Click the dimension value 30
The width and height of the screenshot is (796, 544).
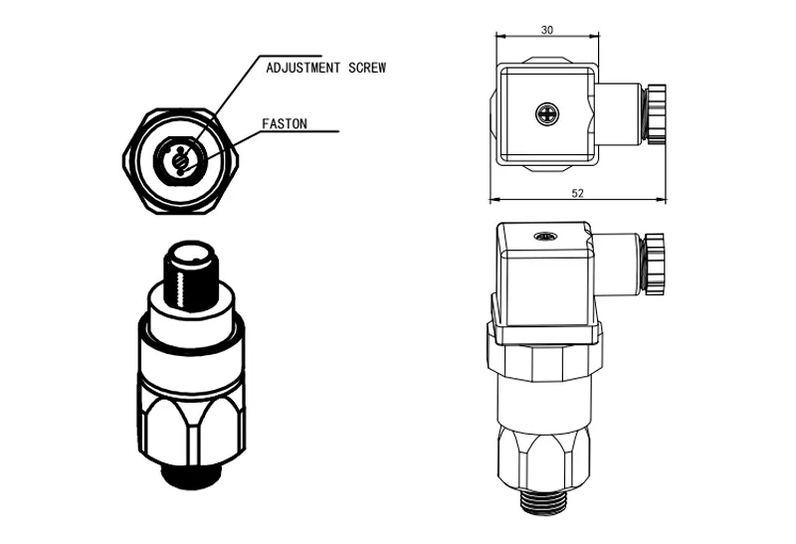tap(546, 30)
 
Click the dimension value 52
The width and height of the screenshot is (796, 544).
tap(577, 193)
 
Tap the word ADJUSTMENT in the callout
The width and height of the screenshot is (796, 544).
tap(303, 68)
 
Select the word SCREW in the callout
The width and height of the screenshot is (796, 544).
tap(367, 68)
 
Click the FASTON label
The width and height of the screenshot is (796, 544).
tap(285, 124)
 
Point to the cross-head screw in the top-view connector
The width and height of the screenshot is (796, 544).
tap(547, 113)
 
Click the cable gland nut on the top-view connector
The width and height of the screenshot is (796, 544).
tap(655, 113)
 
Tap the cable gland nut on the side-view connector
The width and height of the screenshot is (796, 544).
tap(654, 264)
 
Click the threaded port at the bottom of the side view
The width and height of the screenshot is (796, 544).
tap(542, 502)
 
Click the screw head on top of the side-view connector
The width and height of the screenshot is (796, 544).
tap(543, 236)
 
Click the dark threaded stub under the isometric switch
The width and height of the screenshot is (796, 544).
tap(191, 475)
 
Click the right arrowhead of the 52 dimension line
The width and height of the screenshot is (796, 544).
tap(662, 200)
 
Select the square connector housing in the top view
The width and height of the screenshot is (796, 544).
tap(545, 114)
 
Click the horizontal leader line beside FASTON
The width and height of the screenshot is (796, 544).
tap(299, 131)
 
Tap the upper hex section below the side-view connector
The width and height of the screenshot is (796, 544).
tap(544, 360)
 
